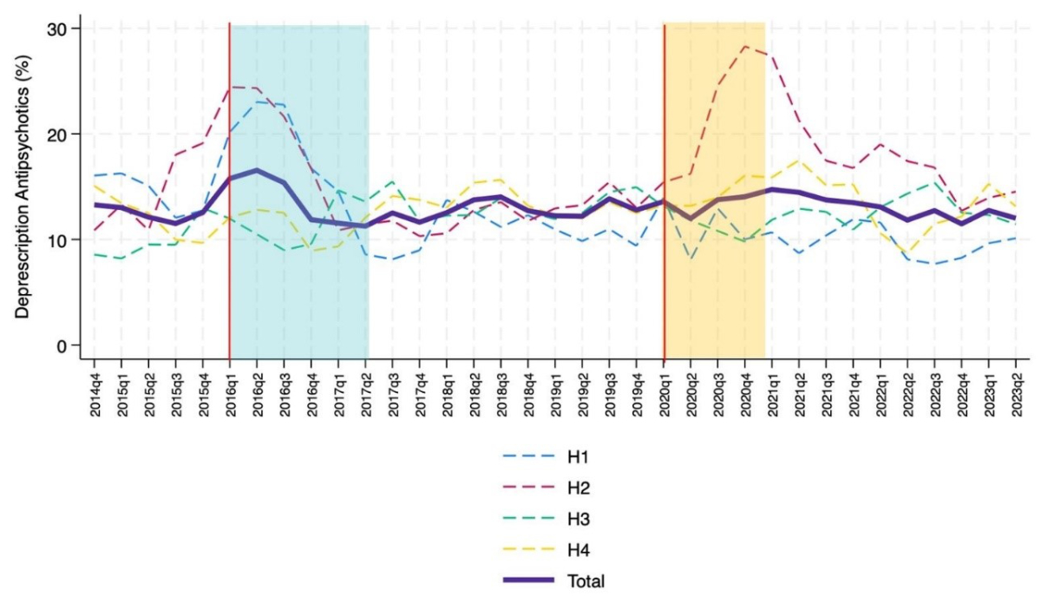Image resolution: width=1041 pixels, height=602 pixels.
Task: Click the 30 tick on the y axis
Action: pyautogui.click(x=59, y=29)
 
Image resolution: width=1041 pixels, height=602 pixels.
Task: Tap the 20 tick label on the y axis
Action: pyautogui.click(x=59, y=134)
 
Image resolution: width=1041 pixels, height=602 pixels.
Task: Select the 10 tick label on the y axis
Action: pyautogui.click(x=59, y=240)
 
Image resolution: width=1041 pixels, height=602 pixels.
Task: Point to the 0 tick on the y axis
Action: pyautogui.click(x=63, y=346)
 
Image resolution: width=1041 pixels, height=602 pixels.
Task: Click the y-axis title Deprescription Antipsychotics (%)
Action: pyautogui.click(x=23, y=187)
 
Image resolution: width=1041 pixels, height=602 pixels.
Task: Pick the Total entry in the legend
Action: pyautogui.click(x=586, y=581)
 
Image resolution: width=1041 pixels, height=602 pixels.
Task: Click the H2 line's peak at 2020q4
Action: pyautogui.click(x=745, y=47)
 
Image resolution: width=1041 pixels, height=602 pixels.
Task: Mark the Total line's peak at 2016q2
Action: pyautogui.click(x=257, y=170)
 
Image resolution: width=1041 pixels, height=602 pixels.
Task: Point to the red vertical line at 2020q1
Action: pyautogui.click(x=665, y=191)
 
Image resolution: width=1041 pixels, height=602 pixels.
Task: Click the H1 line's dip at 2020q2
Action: pyautogui.click(x=691, y=258)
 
